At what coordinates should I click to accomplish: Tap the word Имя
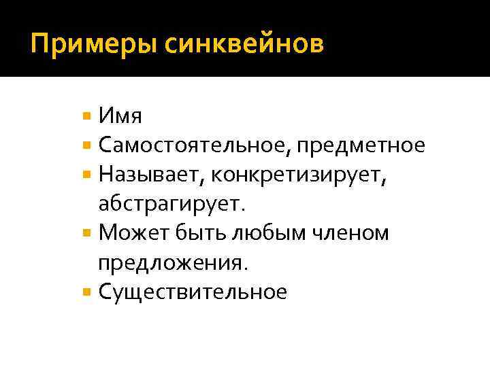(x=120, y=116)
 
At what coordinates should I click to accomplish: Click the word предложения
(x=176, y=263)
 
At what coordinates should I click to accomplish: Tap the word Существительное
(x=193, y=292)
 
